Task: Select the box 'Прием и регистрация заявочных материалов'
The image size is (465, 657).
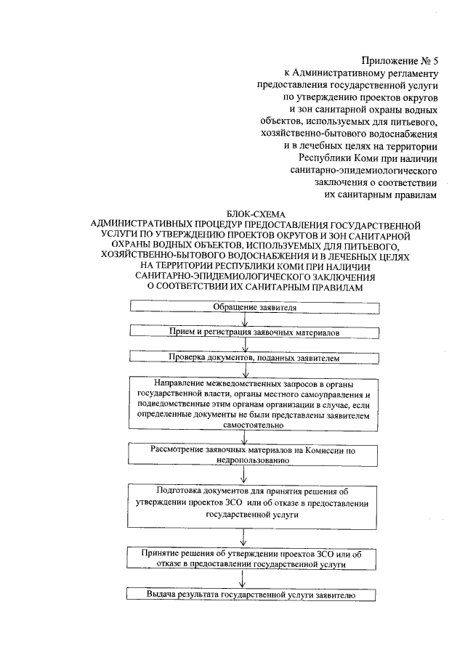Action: click(x=250, y=331)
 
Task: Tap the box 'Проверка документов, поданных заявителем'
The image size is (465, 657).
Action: click(x=250, y=357)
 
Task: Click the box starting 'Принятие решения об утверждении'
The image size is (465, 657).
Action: click(x=251, y=558)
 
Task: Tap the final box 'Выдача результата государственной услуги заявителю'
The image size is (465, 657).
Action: click(x=251, y=595)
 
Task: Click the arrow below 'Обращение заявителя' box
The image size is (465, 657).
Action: click(x=246, y=319)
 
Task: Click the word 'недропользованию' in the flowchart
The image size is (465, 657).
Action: click(x=251, y=460)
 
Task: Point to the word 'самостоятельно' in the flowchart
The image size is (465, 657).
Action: click(x=251, y=426)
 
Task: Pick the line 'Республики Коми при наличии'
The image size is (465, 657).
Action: click(x=367, y=157)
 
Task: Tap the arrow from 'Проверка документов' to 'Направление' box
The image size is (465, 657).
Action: click(x=246, y=368)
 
